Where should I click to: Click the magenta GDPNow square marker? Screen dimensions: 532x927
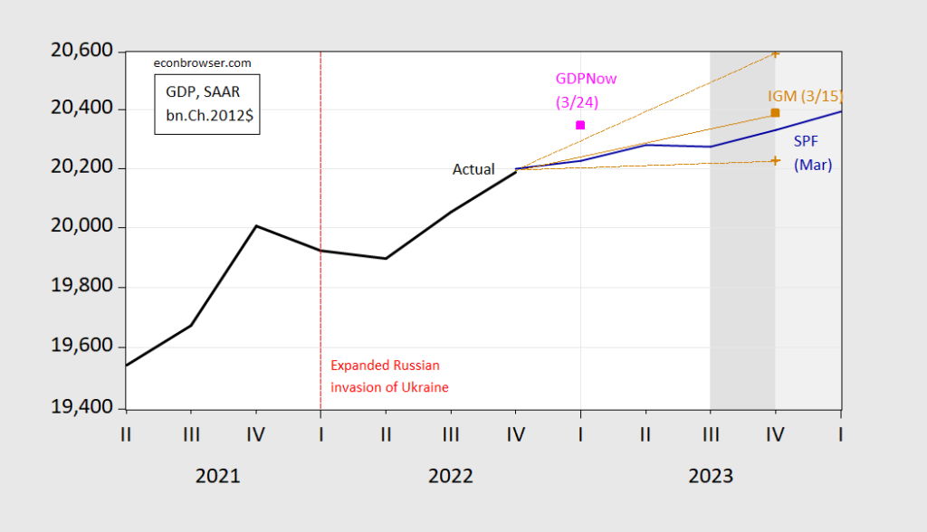pos(580,125)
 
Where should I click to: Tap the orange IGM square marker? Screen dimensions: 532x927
pos(775,113)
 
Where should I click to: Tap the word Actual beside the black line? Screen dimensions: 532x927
pos(473,169)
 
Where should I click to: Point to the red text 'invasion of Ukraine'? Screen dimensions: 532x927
pos(389,387)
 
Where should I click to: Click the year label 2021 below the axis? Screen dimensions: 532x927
pos(218,476)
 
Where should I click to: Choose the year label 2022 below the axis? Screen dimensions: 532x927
pos(450,476)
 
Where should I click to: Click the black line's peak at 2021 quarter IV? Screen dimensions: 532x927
pos(256,225)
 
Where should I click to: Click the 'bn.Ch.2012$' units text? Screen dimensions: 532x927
pos(206,119)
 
